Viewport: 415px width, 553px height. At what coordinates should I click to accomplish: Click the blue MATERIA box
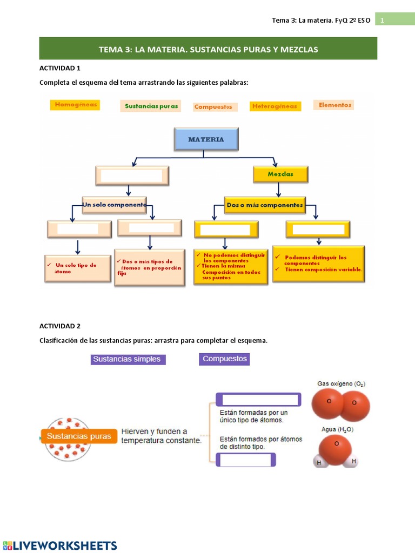pyautogui.click(x=206, y=139)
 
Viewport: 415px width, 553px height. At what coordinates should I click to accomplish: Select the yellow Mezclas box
pyautogui.click(x=280, y=174)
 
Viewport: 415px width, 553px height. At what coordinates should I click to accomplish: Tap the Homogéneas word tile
pyautogui.click(x=76, y=105)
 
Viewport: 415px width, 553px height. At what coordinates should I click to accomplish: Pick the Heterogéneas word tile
pyautogui.click(x=274, y=106)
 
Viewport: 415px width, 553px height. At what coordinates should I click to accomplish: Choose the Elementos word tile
pyautogui.click(x=334, y=105)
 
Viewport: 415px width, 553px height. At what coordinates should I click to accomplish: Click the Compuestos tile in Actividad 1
pyautogui.click(x=213, y=107)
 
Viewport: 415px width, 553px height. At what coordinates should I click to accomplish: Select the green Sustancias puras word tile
pyautogui.click(x=151, y=106)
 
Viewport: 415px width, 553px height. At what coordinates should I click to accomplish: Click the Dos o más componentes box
pyautogui.click(x=265, y=205)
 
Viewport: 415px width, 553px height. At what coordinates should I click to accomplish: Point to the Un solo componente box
pyautogui.click(x=115, y=205)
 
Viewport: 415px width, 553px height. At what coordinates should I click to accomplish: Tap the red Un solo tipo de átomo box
pyautogui.click(x=78, y=268)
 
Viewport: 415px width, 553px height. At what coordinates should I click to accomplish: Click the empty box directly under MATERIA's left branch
pyautogui.click(x=132, y=176)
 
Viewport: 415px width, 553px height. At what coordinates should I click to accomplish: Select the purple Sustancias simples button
pyautogui.click(x=128, y=359)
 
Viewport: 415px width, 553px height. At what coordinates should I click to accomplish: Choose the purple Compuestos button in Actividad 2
pyautogui.click(x=224, y=359)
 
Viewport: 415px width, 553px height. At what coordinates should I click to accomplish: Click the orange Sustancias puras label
pyautogui.click(x=79, y=436)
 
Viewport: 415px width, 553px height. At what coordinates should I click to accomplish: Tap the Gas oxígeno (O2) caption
pyautogui.click(x=341, y=384)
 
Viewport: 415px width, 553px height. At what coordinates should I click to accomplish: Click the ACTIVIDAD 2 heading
pyautogui.click(x=60, y=326)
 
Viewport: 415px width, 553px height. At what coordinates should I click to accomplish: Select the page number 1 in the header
pyautogui.click(x=382, y=20)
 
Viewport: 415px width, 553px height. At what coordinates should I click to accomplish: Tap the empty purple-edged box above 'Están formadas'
pyautogui.click(x=258, y=400)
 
